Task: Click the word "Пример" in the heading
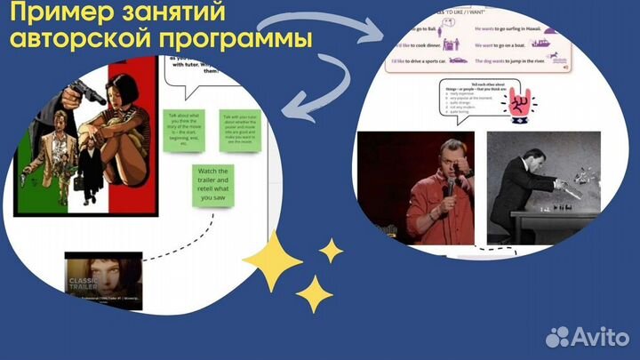coord(61,14)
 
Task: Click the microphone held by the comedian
coord(450,185)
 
